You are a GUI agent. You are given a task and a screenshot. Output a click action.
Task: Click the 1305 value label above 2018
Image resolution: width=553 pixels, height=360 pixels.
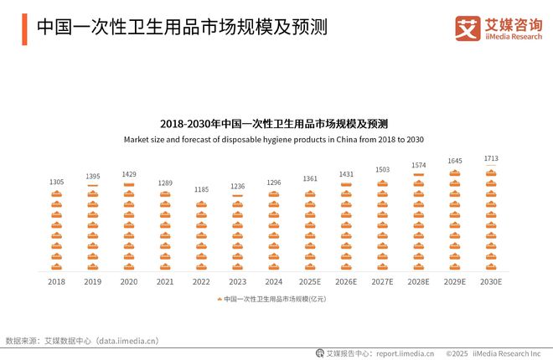[56, 182]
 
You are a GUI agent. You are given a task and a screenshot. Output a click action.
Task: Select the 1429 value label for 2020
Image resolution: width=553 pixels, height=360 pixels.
[129, 174]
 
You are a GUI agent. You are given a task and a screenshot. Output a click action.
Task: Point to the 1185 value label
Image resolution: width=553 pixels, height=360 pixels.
[201, 190]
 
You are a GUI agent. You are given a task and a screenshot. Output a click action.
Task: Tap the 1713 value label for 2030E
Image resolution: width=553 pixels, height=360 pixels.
[491, 157]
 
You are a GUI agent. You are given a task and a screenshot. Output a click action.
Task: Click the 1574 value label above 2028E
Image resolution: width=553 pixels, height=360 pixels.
[419, 165]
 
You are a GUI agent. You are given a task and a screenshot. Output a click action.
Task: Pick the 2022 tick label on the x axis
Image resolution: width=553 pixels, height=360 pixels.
[201, 282]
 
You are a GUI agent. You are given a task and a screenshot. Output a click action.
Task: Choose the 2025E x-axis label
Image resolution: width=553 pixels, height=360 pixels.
[310, 282]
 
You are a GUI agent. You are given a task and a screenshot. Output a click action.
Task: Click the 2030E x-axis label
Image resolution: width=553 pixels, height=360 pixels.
[491, 282]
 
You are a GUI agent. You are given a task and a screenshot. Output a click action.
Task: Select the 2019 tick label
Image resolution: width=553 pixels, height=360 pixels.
[93, 282]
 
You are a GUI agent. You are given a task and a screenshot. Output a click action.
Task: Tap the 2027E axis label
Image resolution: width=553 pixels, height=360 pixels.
[382, 282]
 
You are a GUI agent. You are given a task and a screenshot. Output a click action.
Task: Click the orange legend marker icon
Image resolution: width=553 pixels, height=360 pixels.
[220, 299]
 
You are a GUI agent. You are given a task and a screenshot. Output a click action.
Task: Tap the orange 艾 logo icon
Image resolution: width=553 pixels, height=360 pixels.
[468, 28]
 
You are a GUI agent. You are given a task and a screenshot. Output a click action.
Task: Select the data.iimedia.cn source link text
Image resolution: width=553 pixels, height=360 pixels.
[127, 341]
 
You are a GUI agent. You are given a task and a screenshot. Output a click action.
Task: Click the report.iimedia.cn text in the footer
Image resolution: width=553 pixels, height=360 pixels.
[405, 353]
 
